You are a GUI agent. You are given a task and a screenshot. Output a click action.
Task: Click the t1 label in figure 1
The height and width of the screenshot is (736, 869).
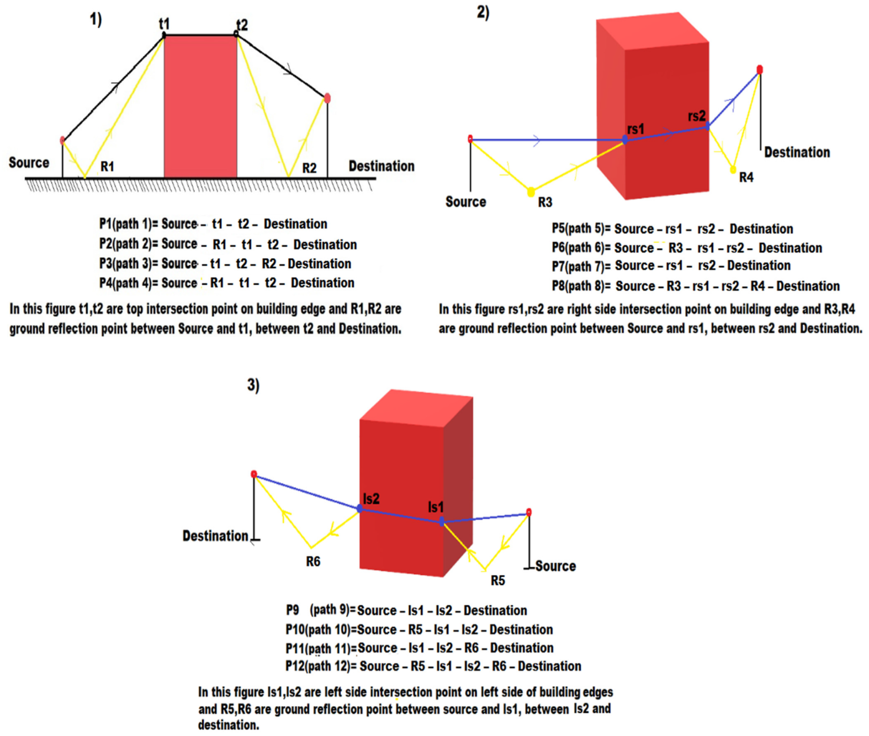164,24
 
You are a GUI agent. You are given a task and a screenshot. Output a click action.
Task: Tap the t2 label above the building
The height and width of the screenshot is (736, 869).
242,25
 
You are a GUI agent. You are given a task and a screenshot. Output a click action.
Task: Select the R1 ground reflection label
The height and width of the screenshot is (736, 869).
107,167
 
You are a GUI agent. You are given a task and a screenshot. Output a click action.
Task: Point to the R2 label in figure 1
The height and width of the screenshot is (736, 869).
309,168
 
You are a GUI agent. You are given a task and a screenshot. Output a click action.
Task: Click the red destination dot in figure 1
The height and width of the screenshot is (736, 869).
327,98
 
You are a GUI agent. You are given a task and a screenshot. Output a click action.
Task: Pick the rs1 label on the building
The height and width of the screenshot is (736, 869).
635,129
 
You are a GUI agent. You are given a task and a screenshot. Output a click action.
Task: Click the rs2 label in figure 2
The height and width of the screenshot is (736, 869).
697,116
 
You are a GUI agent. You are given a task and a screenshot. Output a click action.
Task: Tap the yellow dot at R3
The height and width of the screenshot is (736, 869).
531,192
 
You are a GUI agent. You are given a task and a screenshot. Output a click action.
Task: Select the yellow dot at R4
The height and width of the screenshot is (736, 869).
733,169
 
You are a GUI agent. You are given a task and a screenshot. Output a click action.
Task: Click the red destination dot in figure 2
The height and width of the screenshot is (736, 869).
760,70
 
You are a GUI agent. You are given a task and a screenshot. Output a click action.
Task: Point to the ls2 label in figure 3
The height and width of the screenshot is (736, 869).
371,499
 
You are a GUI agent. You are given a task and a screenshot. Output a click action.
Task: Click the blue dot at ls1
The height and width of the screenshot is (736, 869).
442,521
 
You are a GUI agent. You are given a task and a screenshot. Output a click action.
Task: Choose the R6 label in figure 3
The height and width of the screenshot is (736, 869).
313,562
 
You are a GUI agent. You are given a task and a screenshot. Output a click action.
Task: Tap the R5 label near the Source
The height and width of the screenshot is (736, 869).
497,580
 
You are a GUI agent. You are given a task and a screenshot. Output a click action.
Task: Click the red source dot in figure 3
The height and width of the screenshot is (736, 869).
529,513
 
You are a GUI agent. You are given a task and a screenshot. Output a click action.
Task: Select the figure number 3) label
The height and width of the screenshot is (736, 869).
253,385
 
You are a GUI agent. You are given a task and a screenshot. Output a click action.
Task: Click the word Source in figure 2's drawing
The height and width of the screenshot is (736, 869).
465,202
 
